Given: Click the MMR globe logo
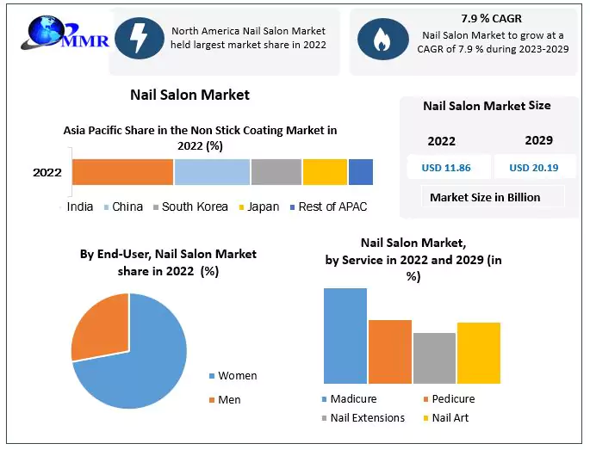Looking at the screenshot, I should coord(48,34).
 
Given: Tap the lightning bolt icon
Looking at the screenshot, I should coord(138,38).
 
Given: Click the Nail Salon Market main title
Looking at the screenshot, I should coord(189,94).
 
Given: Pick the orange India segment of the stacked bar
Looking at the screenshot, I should coord(122,171).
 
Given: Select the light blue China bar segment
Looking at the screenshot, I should coord(212,171).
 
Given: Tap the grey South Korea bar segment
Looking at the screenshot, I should coord(276,171).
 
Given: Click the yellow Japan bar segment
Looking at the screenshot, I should coord(325,171).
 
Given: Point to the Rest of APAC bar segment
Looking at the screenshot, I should coord(361,171).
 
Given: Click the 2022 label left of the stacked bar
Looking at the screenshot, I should coord(47,172).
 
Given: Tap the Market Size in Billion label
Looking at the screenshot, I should coord(485,197).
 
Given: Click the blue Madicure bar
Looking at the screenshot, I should coord(345,336).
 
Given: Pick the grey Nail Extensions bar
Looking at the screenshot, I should coord(434,358).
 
